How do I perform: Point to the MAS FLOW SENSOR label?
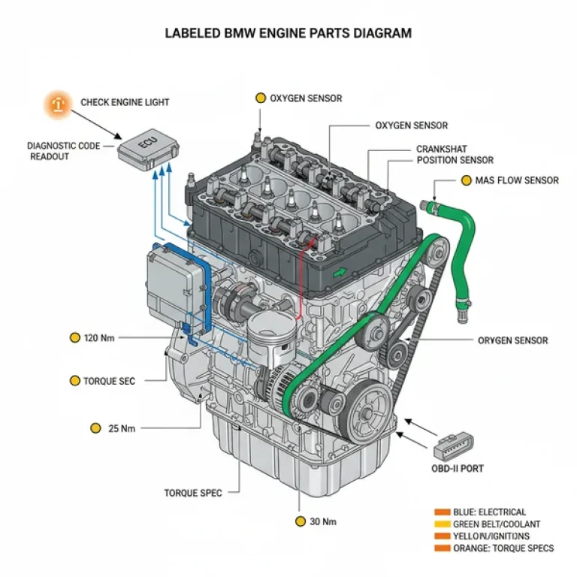(517, 180)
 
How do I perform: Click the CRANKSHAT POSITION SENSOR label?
(455, 155)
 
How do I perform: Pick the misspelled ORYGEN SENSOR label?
(512, 340)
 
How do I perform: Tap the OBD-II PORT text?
(458, 468)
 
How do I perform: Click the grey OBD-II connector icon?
(454, 445)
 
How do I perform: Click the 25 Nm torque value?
(122, 428)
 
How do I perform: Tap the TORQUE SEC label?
(110, 381)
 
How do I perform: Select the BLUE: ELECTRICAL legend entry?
(489, 512)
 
